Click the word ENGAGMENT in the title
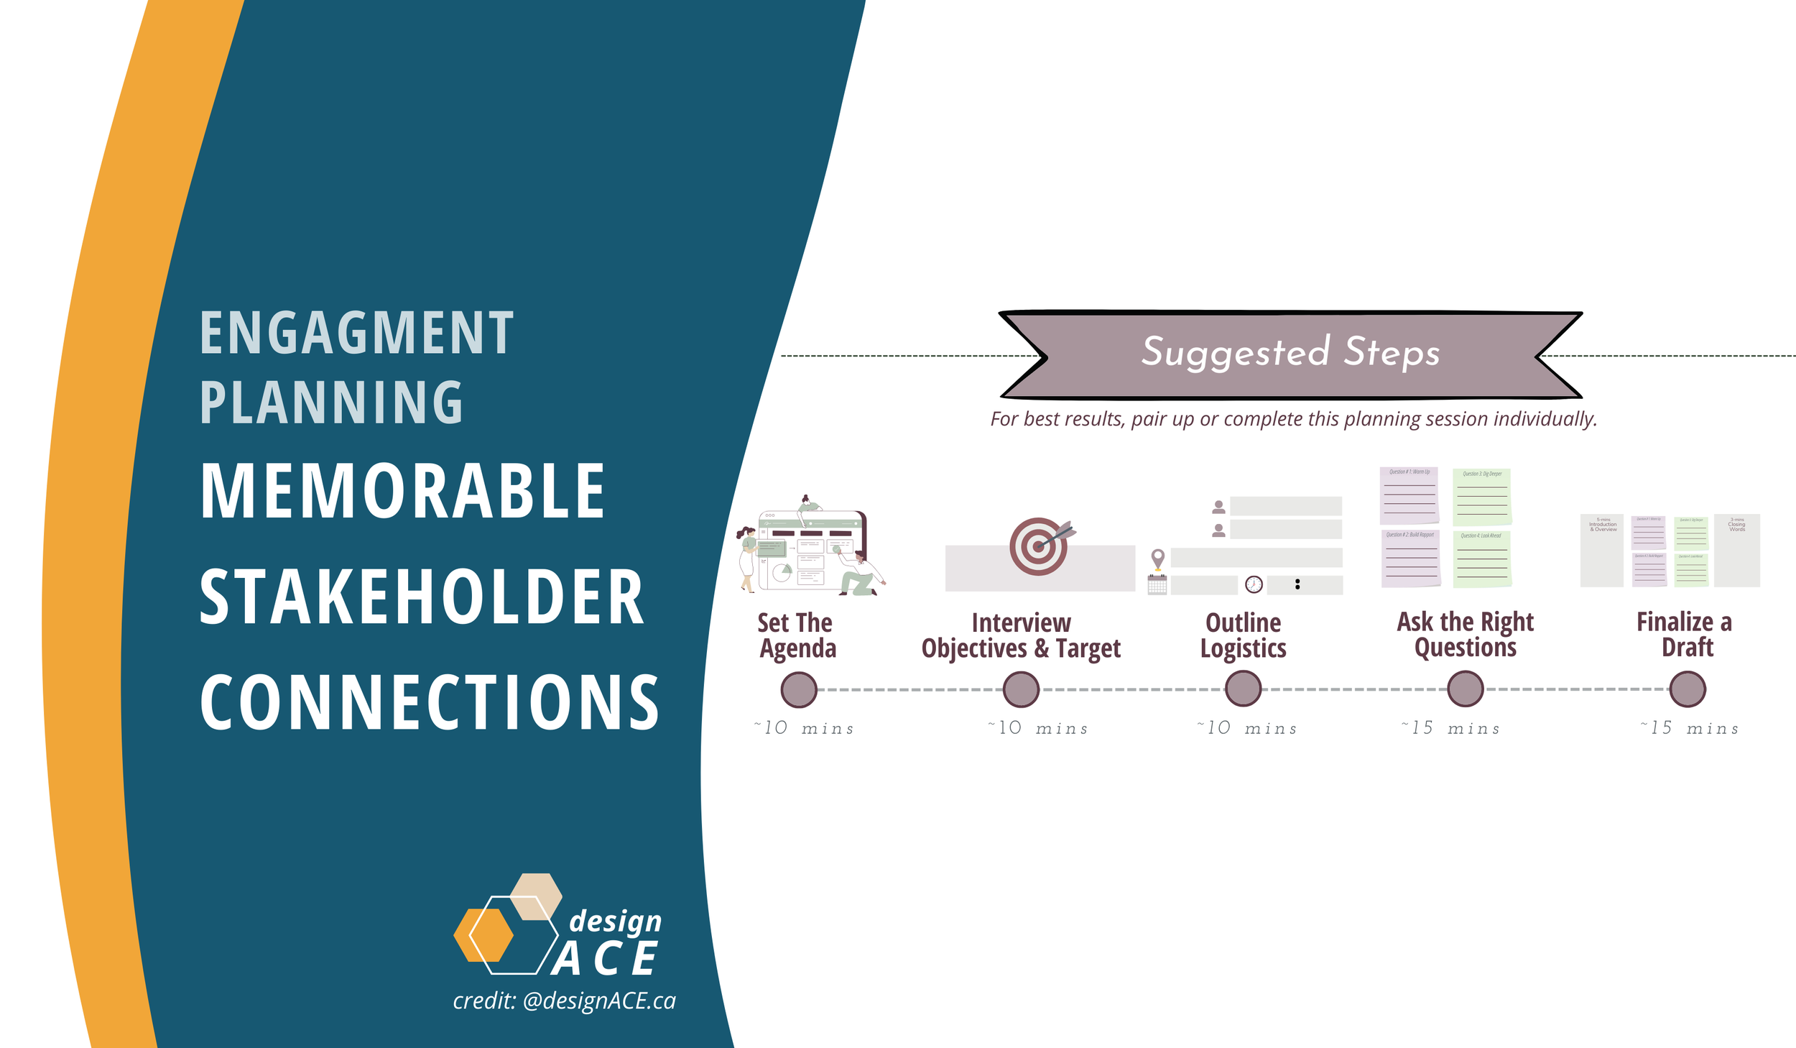pyautogui.click(x=356, y=333)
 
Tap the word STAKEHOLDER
pyautogui.click(x=422, y=597)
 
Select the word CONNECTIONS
pyautogui.click(x=430, y=703)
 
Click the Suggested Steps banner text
pyautogui.click(x=1290, y=352)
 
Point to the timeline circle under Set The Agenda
pyautogui.click(x=798, y=689)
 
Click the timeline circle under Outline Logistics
pyautogui.click(x=1243, y=689)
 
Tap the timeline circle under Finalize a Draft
pyautogui.click(x=1687, y=689)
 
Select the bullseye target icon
pyautogui.click(x=1038, y=546)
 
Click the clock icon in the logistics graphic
pyautogui.click(x=1254, y=584)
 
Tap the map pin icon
pyautogui.click(x=1157, y=558)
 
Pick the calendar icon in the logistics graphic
pyautogui.click(x=1157, y=584)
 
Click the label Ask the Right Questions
pyautogui.click(x=1465, y=634)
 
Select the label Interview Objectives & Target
pyautogui.click(x=1021, y=635)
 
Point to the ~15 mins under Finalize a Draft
pyautogui.click(x=1689, y=728)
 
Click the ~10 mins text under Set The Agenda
pyautogui.click(x=804, y=728)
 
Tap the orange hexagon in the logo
pyautogui.click(x=483, y=935)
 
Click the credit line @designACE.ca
pyautogui.click(x=564, y=1001)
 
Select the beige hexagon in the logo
pyautogui.click(x=536, y=896)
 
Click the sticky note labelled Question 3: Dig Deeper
pyautogui.click(x=1482, y=497)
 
